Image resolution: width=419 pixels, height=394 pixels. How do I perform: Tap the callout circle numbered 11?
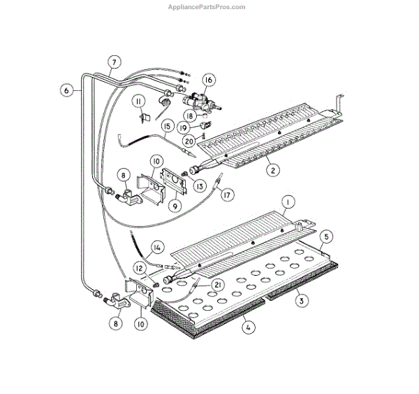tap(139, 102)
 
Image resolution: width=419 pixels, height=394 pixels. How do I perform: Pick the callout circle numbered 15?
tap(168, 127)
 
